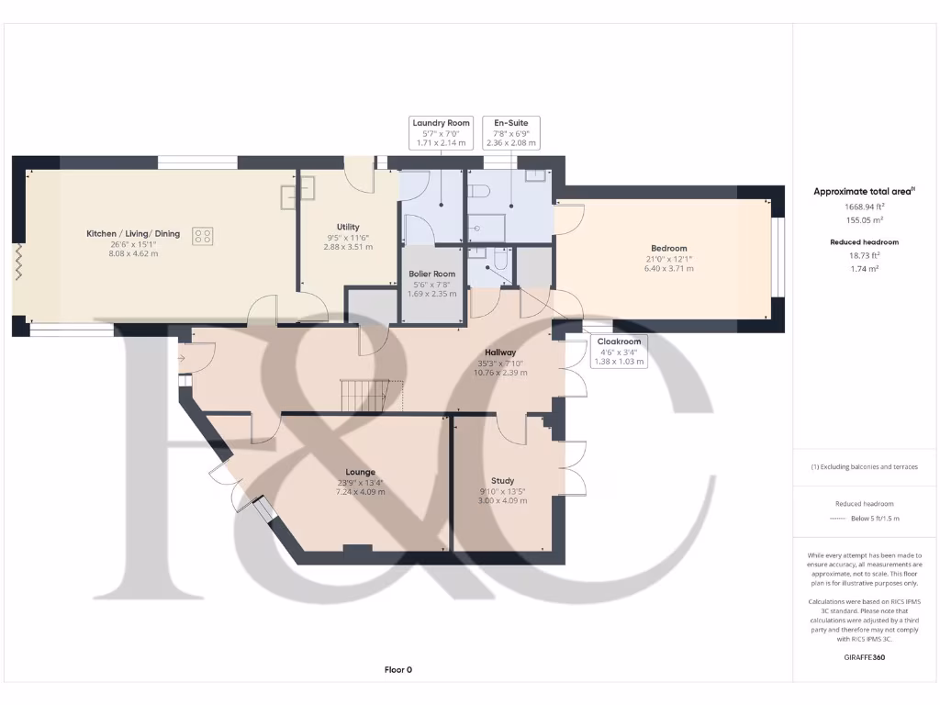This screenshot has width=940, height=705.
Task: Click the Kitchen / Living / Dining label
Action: coord(133,234)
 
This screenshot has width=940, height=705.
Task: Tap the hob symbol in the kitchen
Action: coord(203,236)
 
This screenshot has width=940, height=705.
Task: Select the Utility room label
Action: coord(348,227)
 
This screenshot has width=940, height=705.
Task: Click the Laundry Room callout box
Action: coord(441,133)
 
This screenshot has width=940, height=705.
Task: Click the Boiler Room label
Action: coord(431,274)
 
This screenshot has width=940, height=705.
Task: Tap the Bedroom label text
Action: coord(668,249)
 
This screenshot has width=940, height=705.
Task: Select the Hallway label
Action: coord(500,352)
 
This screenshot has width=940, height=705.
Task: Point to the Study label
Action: coord(502,480)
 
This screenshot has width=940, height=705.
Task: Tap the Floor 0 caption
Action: coord(397,670)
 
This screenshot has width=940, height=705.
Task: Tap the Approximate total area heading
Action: coord(862,191)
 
